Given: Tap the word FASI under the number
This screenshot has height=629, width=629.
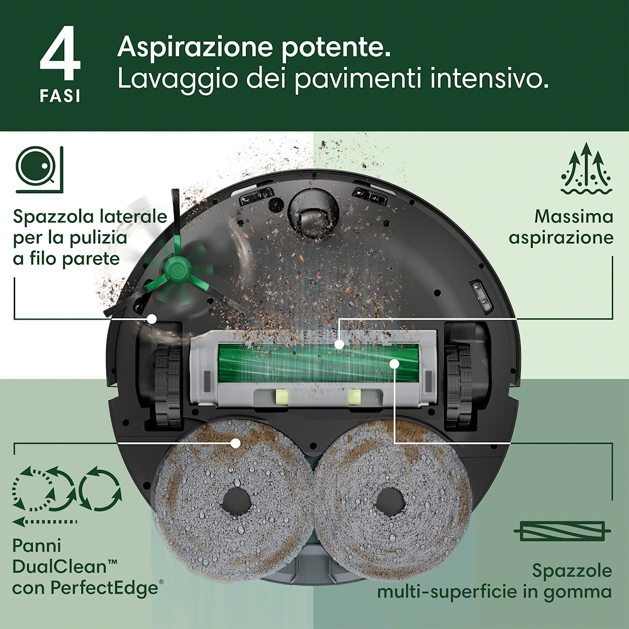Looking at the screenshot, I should [x=60, y=98].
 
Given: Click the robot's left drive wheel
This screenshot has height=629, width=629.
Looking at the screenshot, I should [x=167, y=381].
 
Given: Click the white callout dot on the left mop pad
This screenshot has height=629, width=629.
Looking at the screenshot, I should [x=235, y=443].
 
